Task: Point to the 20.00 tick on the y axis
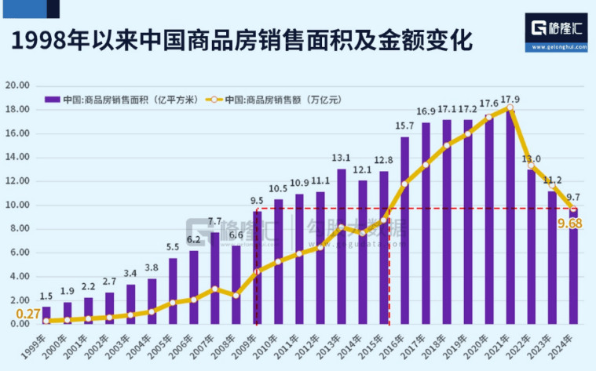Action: [18, 85]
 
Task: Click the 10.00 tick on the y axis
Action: [18, 206]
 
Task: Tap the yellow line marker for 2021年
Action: [510, 107]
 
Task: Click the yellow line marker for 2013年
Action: [342, 227]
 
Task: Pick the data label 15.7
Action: [404, 126]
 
